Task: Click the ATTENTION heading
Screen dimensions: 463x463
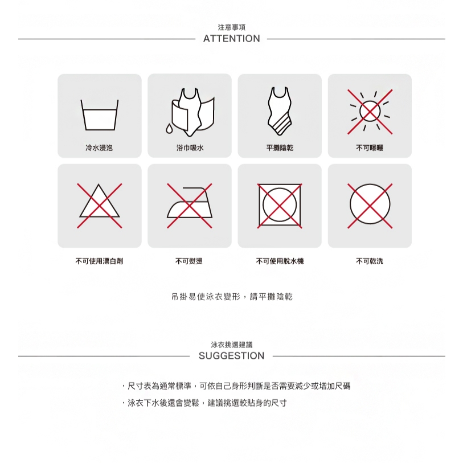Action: (231, 39)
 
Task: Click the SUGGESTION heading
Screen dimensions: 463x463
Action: (231, 356)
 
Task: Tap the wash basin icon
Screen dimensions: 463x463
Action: (100, 115)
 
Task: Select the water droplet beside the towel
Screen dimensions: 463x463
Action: (169, 129)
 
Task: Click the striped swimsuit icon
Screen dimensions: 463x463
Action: (279, 111)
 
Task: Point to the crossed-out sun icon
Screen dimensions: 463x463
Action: (370, 112)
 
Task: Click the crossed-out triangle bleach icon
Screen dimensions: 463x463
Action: (100, 206)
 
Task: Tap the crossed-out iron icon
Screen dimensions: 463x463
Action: (190, 206)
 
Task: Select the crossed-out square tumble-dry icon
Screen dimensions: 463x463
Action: (280, 206)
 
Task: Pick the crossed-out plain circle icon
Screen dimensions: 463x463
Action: (370, 206)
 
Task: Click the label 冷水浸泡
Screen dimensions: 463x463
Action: (99, 147)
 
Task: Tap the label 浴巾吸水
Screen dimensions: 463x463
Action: (190, 147)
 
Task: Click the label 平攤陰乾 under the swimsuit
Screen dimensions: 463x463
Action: (280, 147)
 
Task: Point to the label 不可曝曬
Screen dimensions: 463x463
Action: (370, 147)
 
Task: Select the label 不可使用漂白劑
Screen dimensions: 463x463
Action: (99, 261)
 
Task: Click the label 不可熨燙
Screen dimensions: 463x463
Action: (189, 261)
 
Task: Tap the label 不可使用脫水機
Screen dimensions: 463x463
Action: (280, 261)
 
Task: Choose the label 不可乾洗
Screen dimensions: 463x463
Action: (370, 261)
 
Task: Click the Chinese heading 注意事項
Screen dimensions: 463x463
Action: (231, 27)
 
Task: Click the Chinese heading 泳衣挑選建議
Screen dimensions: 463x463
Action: (232, 345)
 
